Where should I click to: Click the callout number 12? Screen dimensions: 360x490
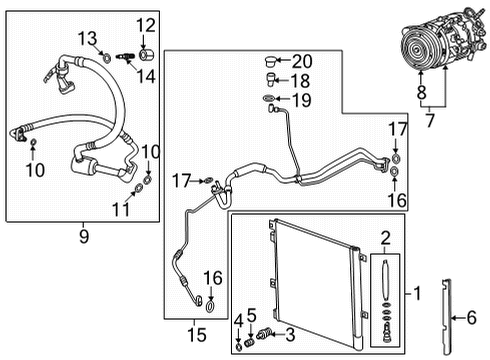146,25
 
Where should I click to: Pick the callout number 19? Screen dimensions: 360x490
301,99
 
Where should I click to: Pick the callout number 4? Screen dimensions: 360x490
239,319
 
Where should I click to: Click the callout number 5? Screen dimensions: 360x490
253,314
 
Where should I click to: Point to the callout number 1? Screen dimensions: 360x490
421,294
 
